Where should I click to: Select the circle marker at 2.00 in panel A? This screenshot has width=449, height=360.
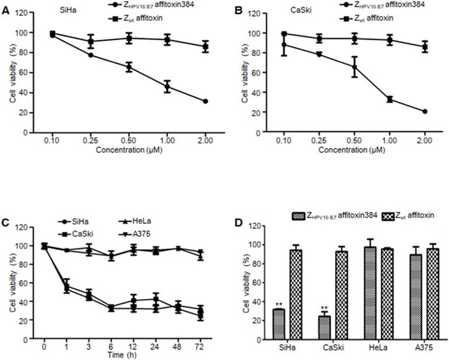click(205, 101)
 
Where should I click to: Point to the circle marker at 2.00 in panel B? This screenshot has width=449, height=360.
click(425, 111)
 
